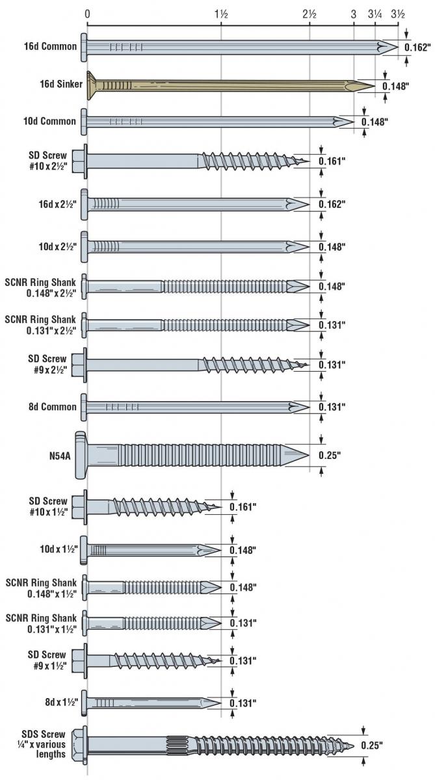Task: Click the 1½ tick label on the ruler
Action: coord(221,14)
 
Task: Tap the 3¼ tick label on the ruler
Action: coord(375,14)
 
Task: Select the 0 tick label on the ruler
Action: coord(87,14)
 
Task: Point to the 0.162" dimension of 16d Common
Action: coord(417,47)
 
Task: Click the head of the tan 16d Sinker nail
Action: coord(92,85)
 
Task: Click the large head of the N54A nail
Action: coord(81,454)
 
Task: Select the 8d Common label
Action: coord(59,407)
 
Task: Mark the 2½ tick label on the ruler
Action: coord(309,14)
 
